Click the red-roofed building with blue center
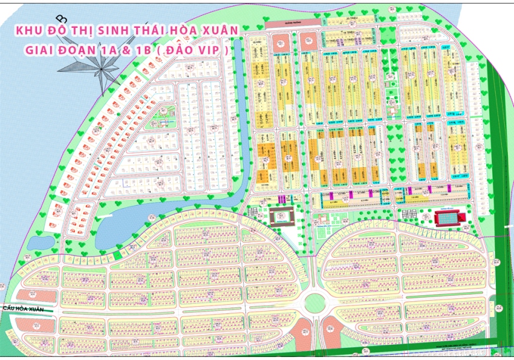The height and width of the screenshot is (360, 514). click(x=448, y=217)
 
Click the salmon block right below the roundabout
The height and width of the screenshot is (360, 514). click(x=331, y=331)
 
